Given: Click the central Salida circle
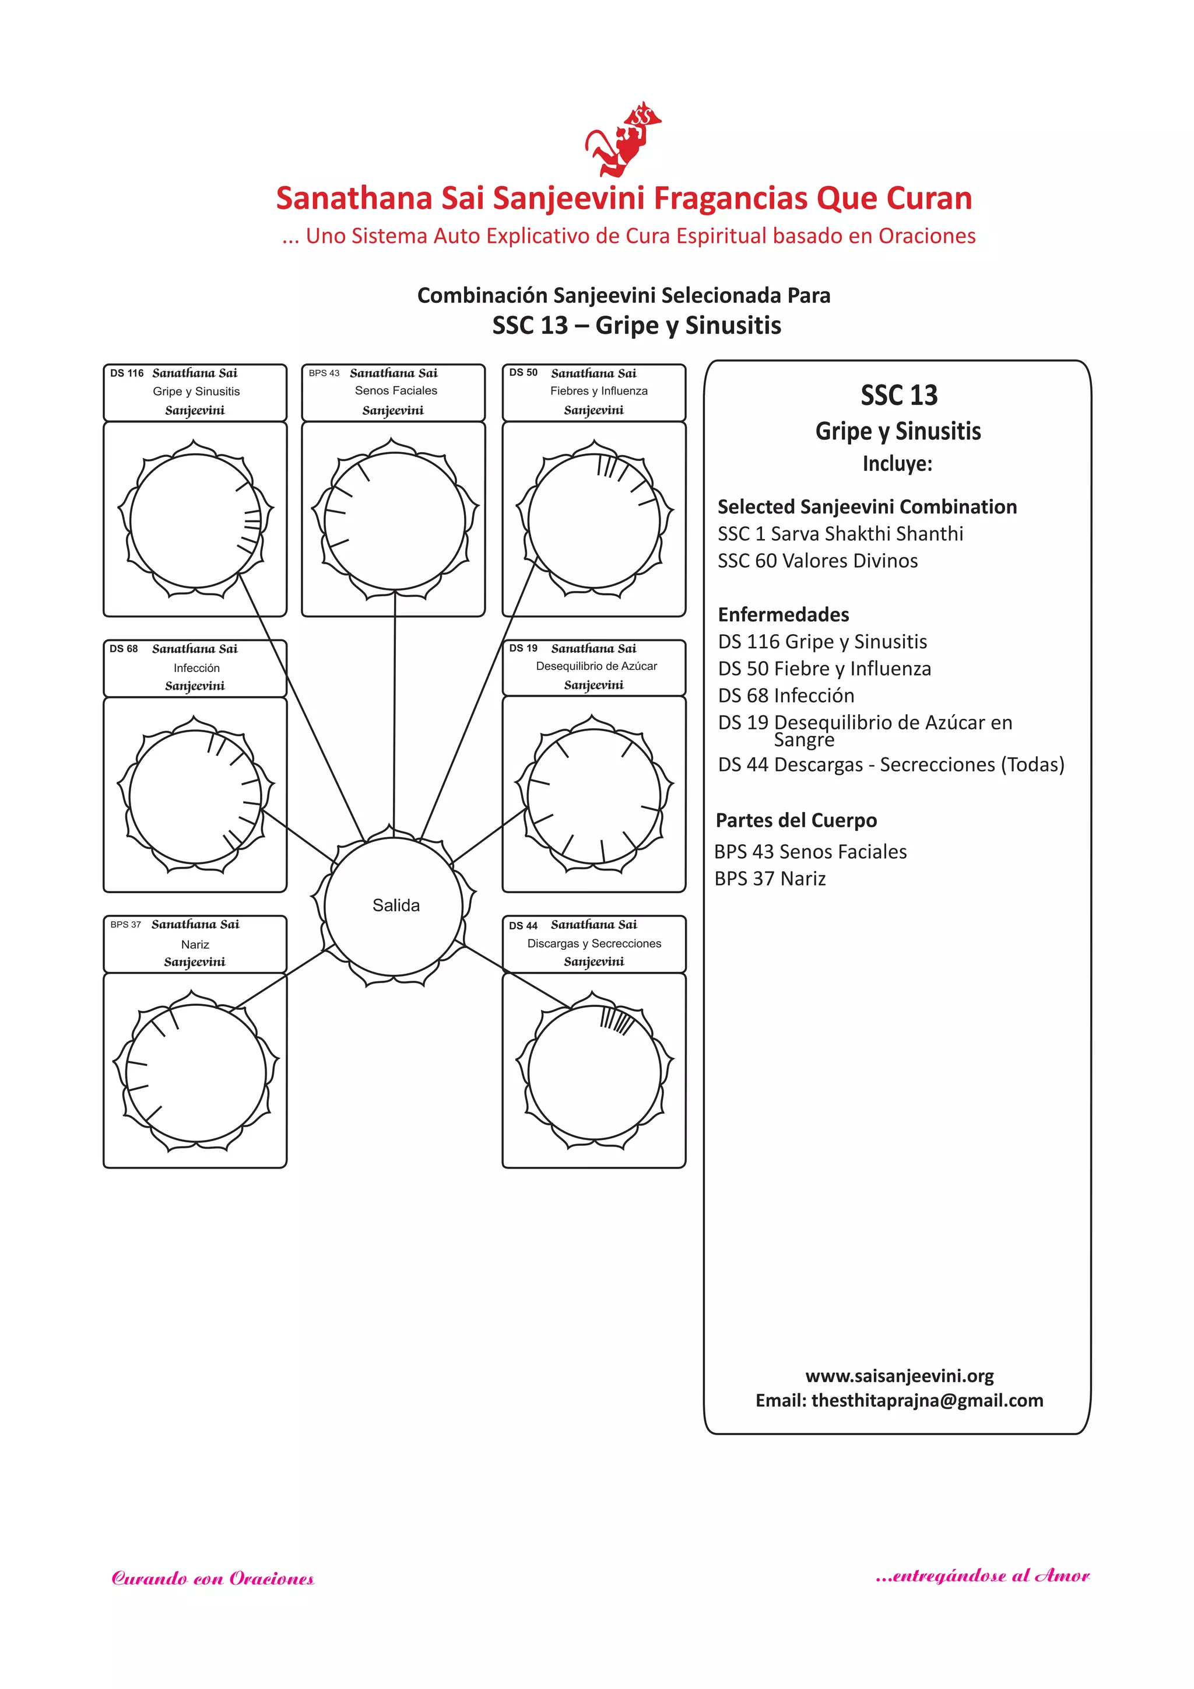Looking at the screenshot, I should click(x=395, y=905).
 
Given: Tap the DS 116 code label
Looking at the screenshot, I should click(x=127, y=373).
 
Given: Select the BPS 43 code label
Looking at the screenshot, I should click(x=324, y=373).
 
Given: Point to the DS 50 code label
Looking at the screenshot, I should click(x=523, y=373).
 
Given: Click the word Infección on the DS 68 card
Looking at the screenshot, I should click(x=196, y=668).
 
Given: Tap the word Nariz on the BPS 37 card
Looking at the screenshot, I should click(x=195, y=945).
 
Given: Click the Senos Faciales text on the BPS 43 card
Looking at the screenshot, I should click(x=395, y=391).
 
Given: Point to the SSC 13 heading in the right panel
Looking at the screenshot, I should click(x=898, y=396).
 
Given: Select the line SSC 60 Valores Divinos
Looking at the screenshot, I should click(x=817, y=561).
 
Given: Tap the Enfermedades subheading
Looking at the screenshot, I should click(x=783, y=615).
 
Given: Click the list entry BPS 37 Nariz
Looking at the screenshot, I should click(x=770, y=879).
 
